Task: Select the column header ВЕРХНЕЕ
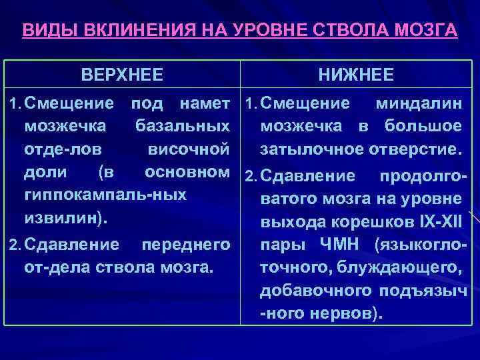(x=122, y=75)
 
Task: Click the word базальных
(x=182, y=126)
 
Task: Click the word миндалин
(x=419, y=103)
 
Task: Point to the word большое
(x=426, y=126)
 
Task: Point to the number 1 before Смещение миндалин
(x=249, y=103)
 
